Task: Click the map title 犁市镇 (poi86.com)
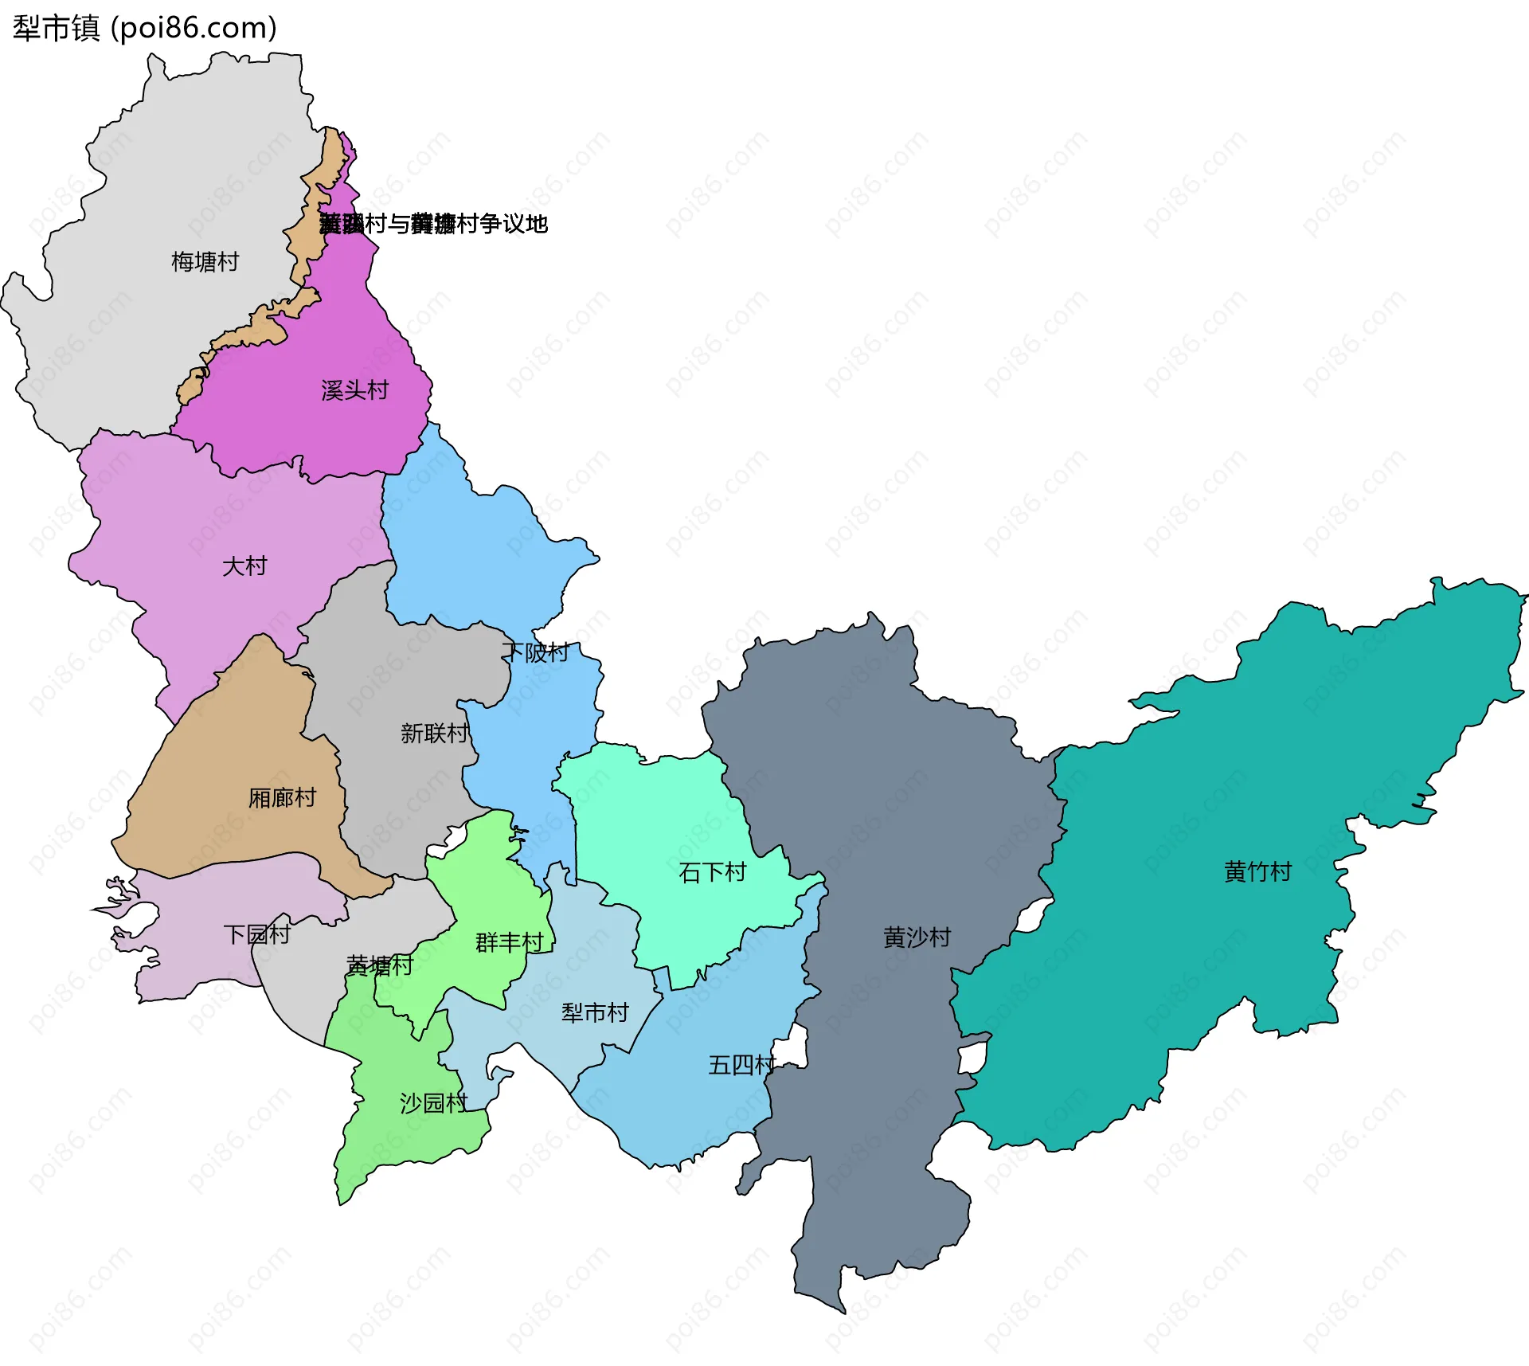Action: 144,28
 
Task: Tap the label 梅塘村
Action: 205,261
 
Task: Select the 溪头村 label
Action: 354,389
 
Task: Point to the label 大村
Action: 244,566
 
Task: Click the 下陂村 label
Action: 535,652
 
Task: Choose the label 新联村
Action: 434,733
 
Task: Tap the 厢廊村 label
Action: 282,797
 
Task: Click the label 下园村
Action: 256,933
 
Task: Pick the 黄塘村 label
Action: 380,965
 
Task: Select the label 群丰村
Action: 509,942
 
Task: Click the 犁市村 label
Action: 595,1012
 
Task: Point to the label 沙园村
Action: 433,1102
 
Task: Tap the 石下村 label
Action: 712,872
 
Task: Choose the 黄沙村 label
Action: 917,937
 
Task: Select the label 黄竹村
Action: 1257,871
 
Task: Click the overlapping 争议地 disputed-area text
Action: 433,224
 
